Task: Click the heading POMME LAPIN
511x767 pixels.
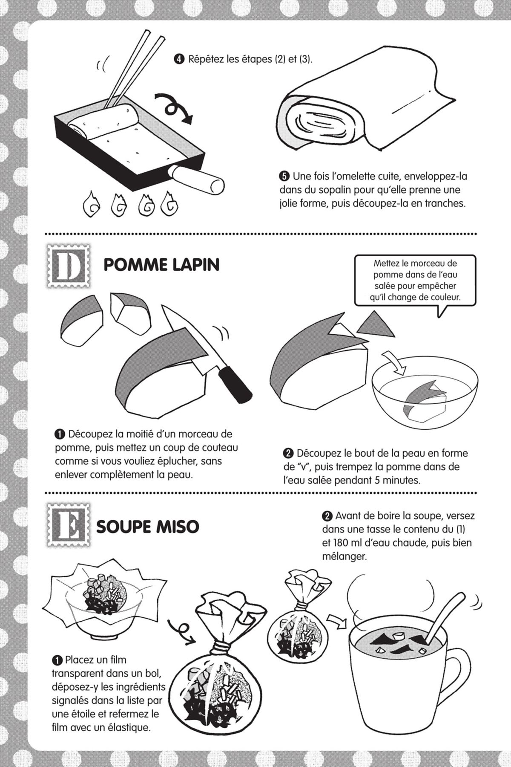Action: click(x=161, y=265)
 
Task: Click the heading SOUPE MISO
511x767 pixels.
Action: click(x=147, y=527)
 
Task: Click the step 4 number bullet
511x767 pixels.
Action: click(x=179, y=59)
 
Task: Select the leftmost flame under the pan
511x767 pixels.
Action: click(x=91, y=204)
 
